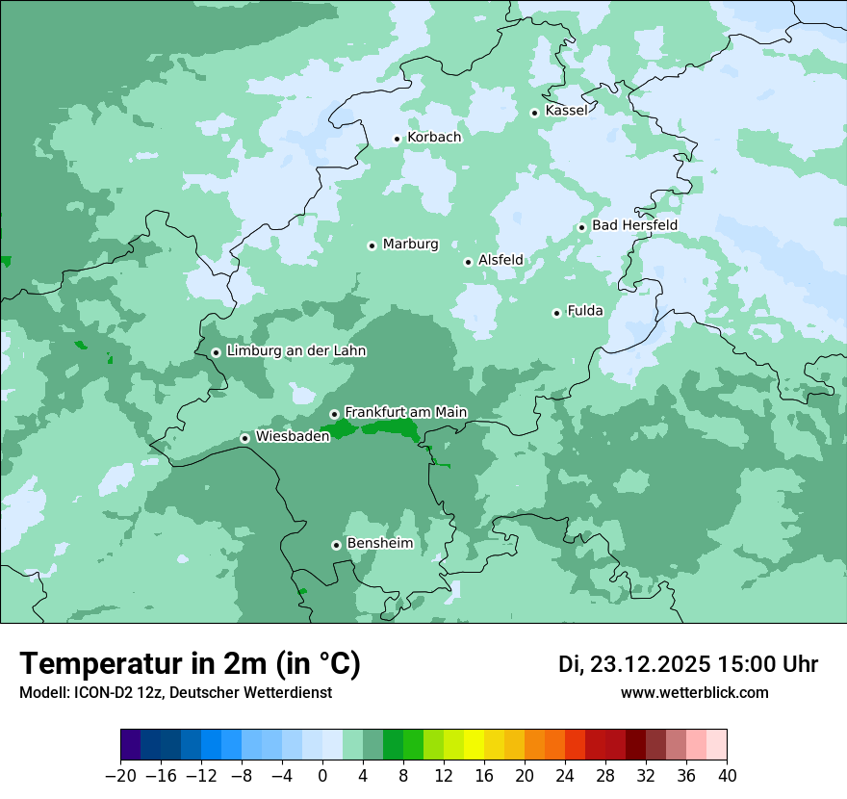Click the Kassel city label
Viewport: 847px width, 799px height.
coord(566,111)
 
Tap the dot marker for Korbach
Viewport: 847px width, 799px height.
coord(397,139)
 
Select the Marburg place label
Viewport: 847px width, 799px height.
coord(410,245)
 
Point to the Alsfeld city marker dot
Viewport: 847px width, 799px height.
coord(468,262)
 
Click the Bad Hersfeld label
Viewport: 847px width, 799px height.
coord(634,226)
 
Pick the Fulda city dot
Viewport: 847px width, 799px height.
coord(556,313)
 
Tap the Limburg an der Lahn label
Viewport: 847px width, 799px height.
coord(295,351)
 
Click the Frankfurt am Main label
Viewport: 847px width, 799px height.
coord(405,413)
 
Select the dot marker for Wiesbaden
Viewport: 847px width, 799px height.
coord(245,438)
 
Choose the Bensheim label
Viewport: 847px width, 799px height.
coord(379,544)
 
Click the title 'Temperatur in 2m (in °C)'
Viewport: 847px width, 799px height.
coord(191,664)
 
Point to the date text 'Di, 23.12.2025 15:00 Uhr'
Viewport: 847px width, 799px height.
coord(688,664)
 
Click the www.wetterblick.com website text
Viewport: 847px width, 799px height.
coord(694,693)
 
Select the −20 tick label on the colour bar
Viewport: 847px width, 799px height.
coord(121,776)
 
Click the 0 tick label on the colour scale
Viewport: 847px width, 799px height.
coord(322,776)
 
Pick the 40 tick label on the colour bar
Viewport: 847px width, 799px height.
coord(727,776)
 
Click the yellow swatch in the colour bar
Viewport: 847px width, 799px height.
coord(474,745)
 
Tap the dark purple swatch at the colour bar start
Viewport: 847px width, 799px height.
coord(131,745)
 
